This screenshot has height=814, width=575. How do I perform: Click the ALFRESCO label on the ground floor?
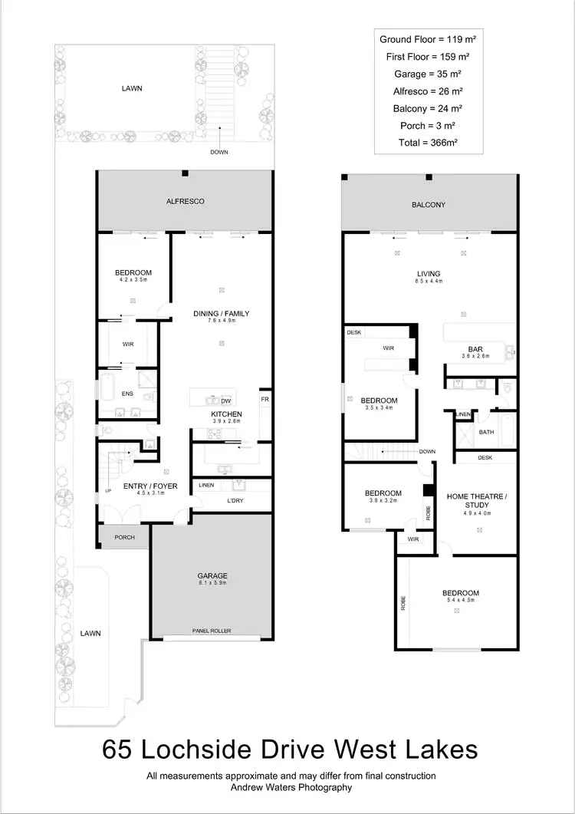pos(184,201)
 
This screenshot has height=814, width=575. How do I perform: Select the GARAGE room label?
pos(212,575)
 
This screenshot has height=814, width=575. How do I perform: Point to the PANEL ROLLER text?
pos(212,631)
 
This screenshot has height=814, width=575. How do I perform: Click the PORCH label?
pos(124,537)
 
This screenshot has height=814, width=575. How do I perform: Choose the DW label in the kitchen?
pos(225,400)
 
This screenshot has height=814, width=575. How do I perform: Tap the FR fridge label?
pos(264,400)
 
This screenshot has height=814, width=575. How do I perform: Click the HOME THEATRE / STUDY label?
pos(477,501)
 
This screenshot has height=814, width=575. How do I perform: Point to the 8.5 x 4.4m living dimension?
pos(429,282)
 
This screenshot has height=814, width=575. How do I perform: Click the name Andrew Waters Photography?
pos(291,787)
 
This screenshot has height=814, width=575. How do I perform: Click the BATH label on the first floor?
pos(486,432)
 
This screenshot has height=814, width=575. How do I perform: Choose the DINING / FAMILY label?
pos(221,313)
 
